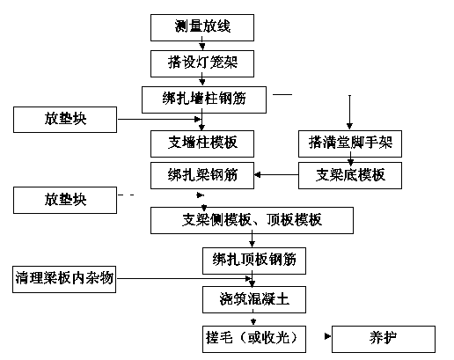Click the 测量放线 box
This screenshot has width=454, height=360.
(x=202, y=27)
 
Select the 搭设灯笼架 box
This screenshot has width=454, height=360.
(x=202, y=63)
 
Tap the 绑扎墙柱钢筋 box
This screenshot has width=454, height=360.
(x=204, y=99)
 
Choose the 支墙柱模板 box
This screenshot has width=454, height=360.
(x=202, y=143)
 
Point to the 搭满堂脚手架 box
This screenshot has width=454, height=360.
(x=350, y=143)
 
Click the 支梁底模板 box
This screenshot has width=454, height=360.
(x=350, y=175)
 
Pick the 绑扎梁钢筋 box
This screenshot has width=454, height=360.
(x=202, y=175)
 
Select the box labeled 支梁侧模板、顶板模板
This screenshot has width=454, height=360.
(x=252, y=220)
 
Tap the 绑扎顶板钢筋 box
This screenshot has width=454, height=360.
(x=254, y=261)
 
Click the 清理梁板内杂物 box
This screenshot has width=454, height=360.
(x=64, y=279)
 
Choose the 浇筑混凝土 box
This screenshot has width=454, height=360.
(x=254, y=299)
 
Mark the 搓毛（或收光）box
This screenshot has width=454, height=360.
(x=254, y=339)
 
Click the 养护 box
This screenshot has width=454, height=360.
(x=384, y=339)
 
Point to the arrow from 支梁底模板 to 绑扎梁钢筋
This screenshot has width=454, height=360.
(x=276, y=175)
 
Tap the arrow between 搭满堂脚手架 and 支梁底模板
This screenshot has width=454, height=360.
(x=350, y=158)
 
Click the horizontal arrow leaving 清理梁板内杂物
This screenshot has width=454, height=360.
(x=184, y=278)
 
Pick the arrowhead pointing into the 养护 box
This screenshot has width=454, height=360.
(x=328, y=336)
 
